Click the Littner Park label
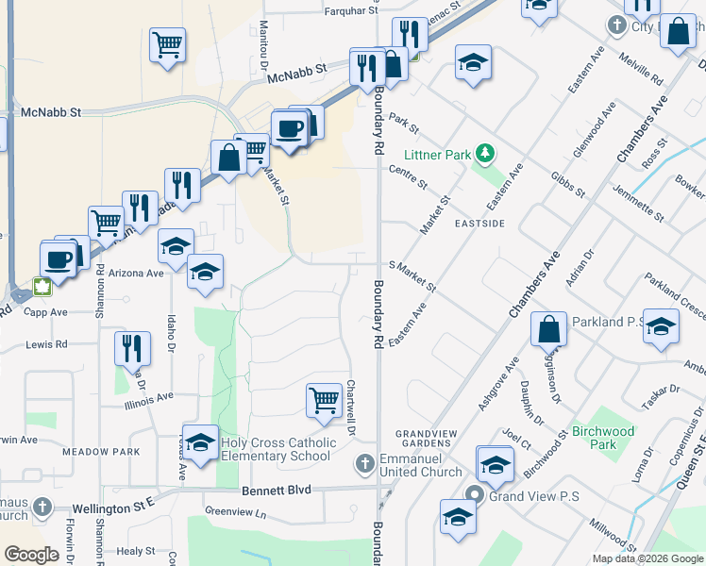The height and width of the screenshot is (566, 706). tap(436, 154)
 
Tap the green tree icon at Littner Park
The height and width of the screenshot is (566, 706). tap(484, 153)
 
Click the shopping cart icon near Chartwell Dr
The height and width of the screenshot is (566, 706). tap(324, 399)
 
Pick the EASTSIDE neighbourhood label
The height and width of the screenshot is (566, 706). tap(479, 224)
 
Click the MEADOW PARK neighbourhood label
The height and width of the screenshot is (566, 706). tap(100, 452)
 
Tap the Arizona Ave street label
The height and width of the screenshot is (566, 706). tap(136, 273)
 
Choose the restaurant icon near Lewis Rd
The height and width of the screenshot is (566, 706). tap(132, 348)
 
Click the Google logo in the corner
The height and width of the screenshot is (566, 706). tap(31, 555)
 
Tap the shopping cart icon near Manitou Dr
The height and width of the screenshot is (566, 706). tap(167, 44)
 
